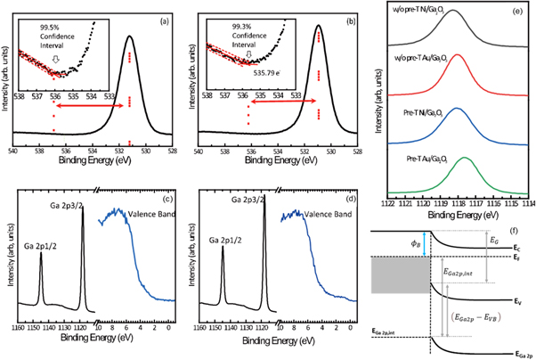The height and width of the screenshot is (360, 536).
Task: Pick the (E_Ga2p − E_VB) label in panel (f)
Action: [488, 315]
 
